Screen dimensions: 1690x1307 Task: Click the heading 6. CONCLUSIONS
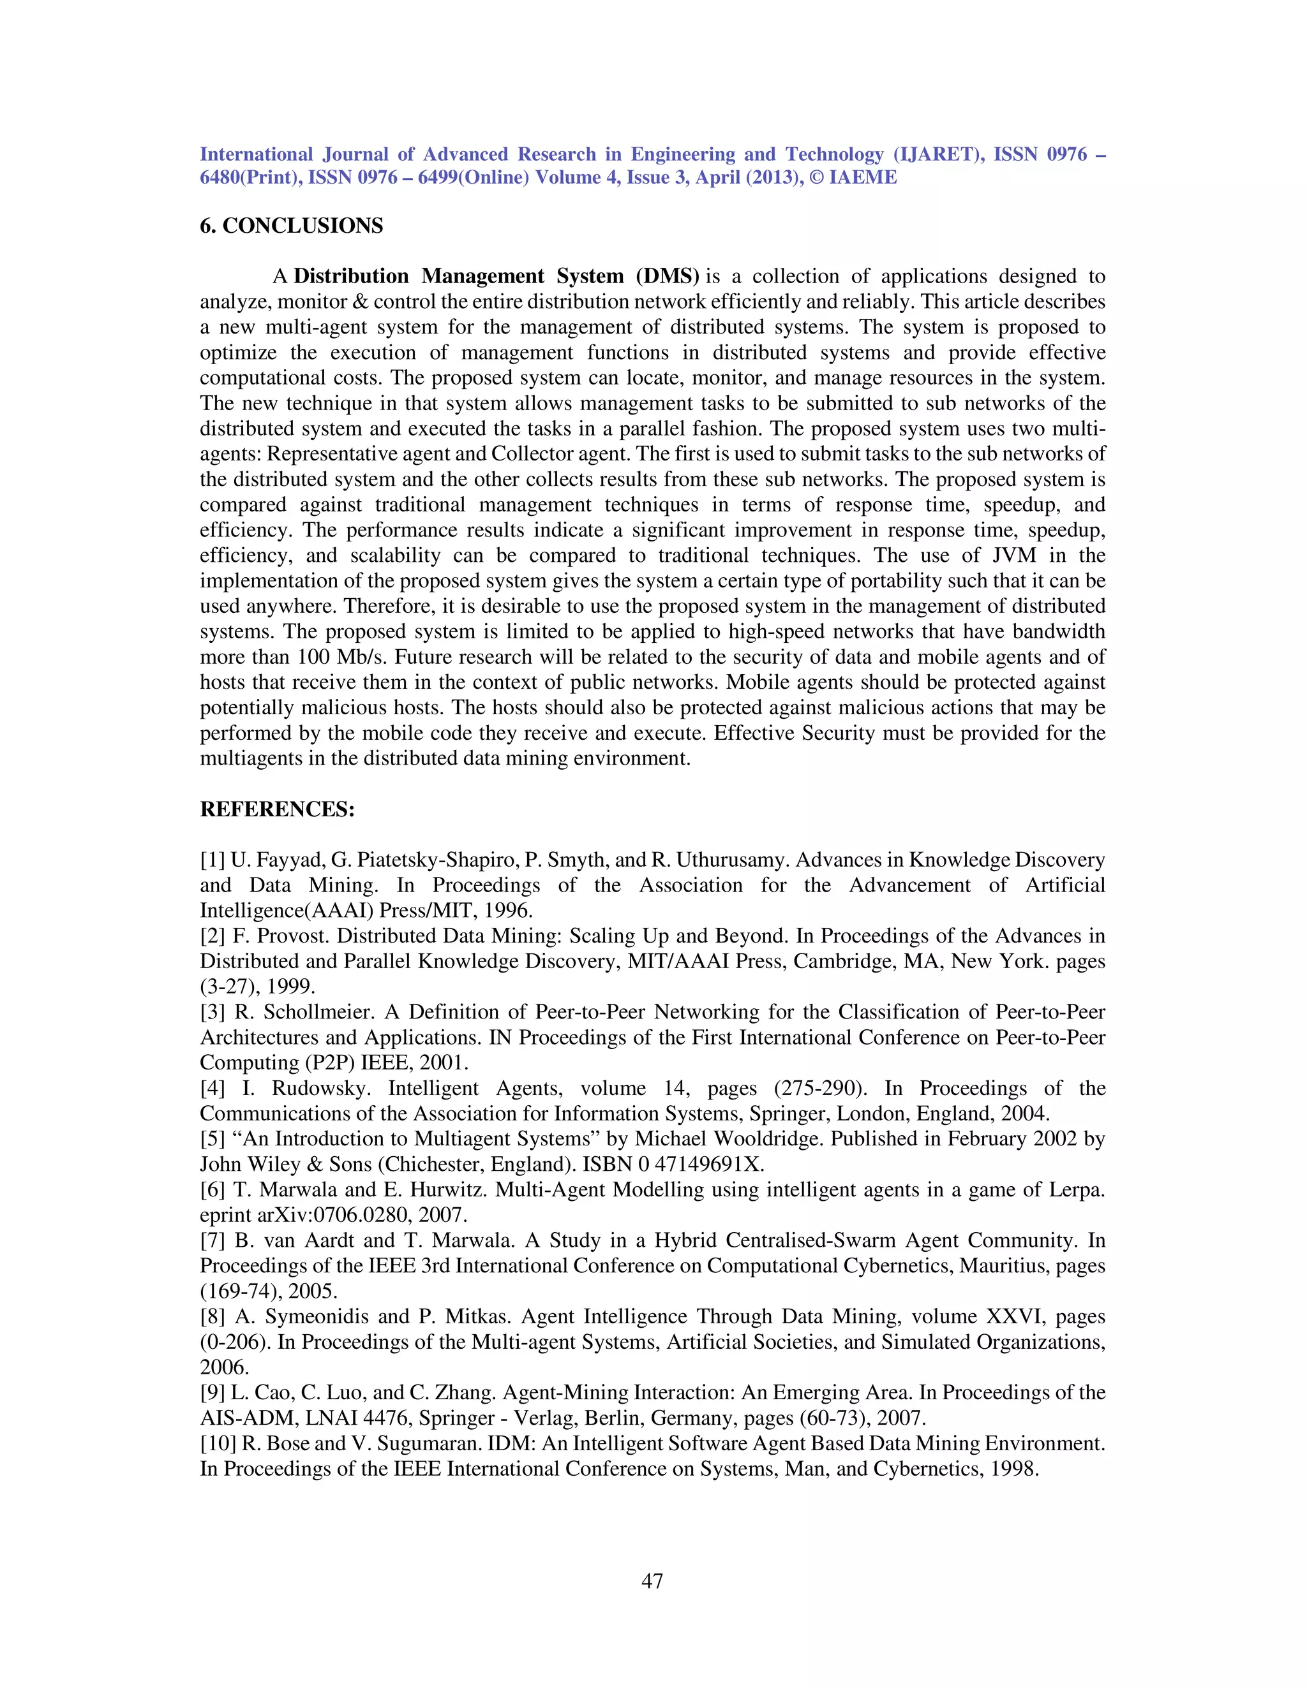[x=291, y=226]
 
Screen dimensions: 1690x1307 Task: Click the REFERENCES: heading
[x=277, y=809]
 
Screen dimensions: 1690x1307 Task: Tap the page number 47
[x=652, y=1581]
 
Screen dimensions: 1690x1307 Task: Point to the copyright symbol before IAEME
[x=816, y=178]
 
